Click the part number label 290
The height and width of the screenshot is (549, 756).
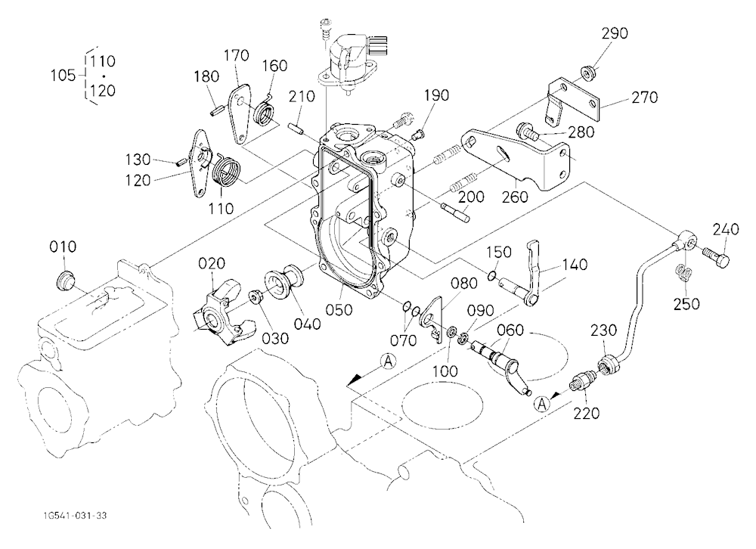click(614, 33)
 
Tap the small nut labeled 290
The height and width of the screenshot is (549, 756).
click(587, 73)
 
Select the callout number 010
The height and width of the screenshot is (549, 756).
click(63, 247)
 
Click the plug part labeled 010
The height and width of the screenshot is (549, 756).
click(65, 281)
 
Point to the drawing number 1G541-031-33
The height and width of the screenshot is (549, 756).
click(75, 516)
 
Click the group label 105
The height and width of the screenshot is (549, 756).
click(64, 76)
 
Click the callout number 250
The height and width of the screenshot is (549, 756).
click(686, 304)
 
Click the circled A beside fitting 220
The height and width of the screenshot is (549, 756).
click(543, 404)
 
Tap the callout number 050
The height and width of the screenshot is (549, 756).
click(339, 310)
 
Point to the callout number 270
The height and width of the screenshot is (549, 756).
click(644, 98)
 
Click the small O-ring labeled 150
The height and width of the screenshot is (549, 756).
click(491, 276)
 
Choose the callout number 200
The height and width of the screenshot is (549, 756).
click(472, 197)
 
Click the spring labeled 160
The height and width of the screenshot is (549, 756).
click(264, 111)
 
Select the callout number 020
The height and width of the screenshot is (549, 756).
click(212, 263)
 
